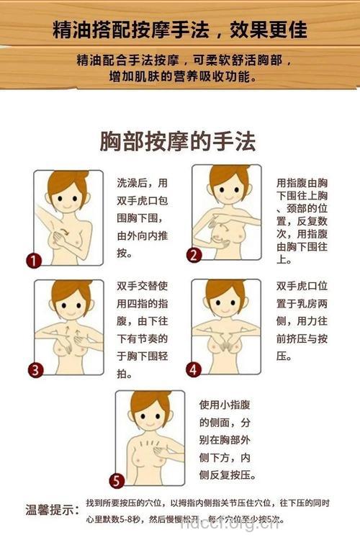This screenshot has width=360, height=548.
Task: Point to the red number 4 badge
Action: (193, 369)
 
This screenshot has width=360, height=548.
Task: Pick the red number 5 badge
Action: (117, 481)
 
